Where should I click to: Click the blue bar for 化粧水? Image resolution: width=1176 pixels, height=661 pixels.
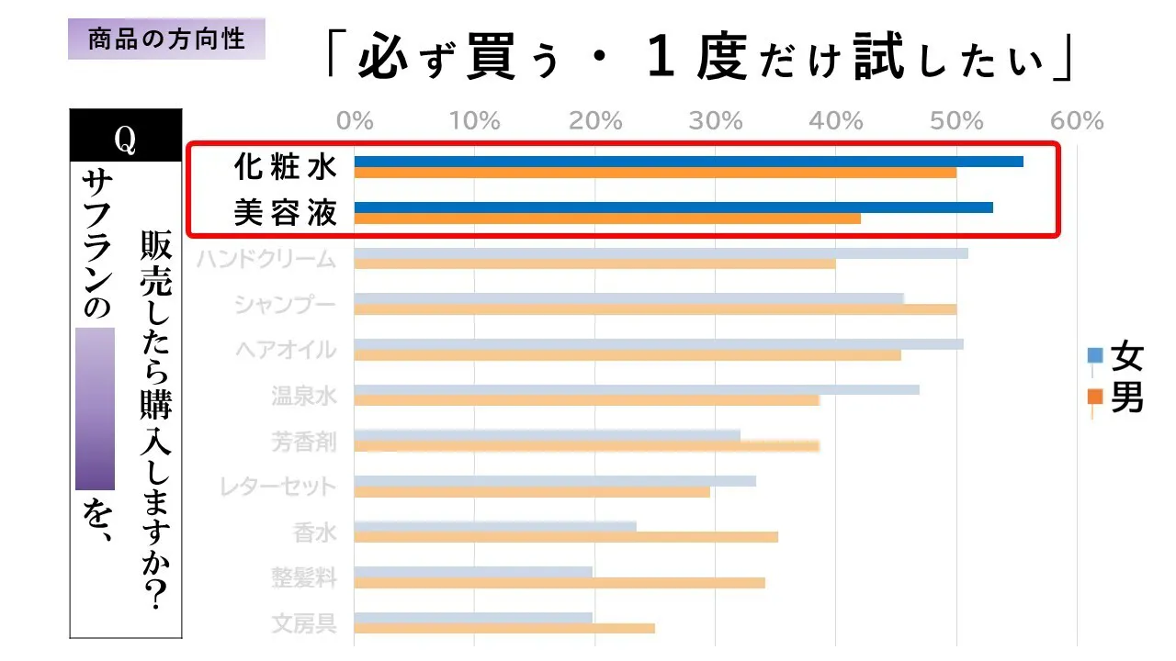coord(688,162)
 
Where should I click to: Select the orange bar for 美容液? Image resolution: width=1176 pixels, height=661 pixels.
coord(607,218)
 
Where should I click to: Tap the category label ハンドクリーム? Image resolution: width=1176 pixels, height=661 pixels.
coord(266,259)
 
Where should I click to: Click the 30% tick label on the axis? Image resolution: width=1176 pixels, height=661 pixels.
coord(717,120)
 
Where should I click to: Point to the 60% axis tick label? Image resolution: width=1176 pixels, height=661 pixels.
coord(1076,120)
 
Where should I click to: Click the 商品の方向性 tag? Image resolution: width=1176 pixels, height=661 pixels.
coord(166,39)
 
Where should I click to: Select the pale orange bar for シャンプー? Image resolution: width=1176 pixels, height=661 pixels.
coord(655,309)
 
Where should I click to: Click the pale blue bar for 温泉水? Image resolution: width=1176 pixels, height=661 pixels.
coord(636,389)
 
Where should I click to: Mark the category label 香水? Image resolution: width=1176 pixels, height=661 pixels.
coord(315,532)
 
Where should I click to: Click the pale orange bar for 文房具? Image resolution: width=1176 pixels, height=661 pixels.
coord(504,629)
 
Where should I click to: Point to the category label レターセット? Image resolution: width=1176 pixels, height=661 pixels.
coord(278,487)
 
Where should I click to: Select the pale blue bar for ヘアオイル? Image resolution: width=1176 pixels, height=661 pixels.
coord(658,344)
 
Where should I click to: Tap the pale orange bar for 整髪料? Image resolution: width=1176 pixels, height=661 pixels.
coord(559,583)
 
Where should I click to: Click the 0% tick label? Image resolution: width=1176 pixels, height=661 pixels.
coord(355,120)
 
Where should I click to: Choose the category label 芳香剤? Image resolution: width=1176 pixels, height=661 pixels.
coord(304,442)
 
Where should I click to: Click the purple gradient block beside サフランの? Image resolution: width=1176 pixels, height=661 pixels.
coord(95,409)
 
